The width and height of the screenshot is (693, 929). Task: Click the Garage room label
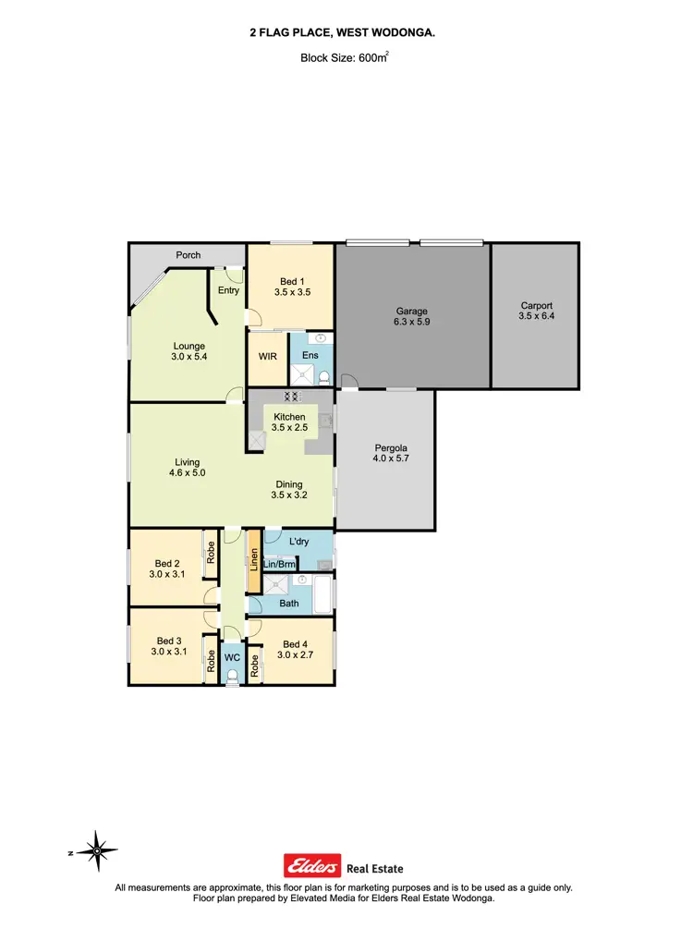tap(412, 312)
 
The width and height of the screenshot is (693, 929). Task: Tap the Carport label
tap(536, 306)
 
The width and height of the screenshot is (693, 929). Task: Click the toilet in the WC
tap(232, 677)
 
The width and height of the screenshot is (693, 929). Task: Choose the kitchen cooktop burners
tap(292, 397)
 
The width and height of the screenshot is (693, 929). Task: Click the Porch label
tap(188, 256)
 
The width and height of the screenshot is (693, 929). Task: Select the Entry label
tap(228, 290)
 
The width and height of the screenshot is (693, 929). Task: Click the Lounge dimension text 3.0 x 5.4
tap(189, 358)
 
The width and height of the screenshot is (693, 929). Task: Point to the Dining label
tap(288, 483)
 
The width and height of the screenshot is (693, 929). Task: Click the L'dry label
tap(298, 542)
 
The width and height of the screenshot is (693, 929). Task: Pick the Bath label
tap(289, 604)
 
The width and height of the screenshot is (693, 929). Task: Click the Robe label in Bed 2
tap(212, 552)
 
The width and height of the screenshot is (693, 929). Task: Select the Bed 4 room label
tap(295, 644)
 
